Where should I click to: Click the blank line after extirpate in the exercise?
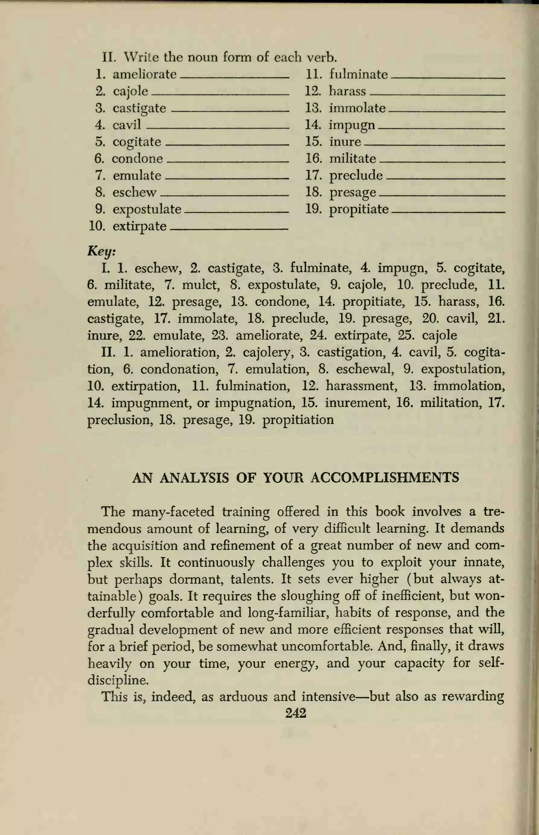[x=229, y=229]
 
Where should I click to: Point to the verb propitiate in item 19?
[x=359, y=209]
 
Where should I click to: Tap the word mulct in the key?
[x=201, y=285]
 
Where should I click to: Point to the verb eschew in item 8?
[x=134, y=192]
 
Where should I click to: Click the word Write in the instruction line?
[x=141, y=57]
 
